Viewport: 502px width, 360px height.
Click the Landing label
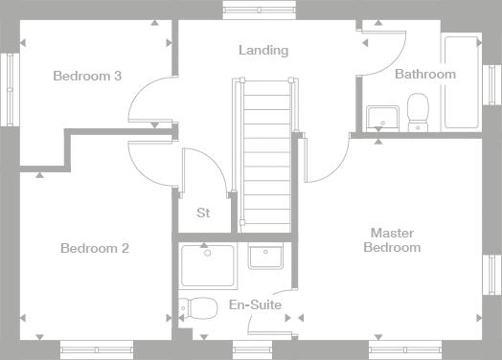tap(263, 51)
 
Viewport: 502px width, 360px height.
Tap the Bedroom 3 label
tap(87, 76)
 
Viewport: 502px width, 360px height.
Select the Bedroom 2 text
tap(95, 248)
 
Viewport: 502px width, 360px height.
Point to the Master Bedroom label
tap(392, 240)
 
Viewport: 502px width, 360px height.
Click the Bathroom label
tap(425, 75)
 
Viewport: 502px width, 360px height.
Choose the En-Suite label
tap(256, 304)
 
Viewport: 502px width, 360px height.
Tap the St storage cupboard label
tap(203, 213)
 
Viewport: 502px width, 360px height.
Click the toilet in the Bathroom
tap(418, 112)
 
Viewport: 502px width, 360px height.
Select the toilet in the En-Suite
tap(198, 308)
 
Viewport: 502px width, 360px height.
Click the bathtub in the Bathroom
tap(462, 82)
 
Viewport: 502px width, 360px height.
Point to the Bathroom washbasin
tap(382, 118)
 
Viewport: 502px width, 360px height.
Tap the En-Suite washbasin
tap(265, 256)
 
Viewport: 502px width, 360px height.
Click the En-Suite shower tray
tap(208, 265)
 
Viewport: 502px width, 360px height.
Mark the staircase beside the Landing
tap(266, 155)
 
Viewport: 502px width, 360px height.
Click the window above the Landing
tap(259, 10)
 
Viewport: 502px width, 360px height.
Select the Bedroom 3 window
tap(10, 90)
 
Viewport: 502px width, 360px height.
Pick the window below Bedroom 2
tap(97, 349)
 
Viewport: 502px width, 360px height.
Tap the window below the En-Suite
tap(252, 349)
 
